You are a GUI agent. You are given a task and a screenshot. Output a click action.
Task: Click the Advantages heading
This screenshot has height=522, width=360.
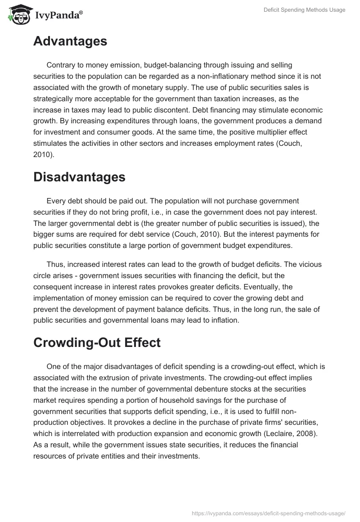(x=70, y=41)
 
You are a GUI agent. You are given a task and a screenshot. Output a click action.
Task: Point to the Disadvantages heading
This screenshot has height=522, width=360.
(x=79, y=177)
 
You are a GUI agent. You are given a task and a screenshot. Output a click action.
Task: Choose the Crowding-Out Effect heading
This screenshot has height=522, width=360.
(x=97, y=342)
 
